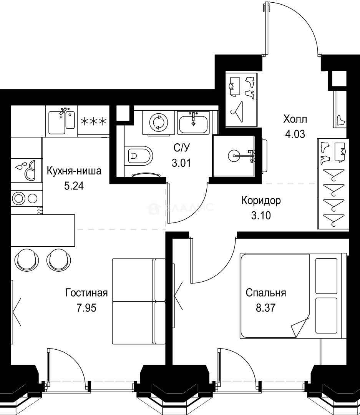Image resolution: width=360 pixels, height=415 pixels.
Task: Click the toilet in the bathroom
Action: click(139, 156)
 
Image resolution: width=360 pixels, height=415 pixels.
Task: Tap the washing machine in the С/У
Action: click(158, 122)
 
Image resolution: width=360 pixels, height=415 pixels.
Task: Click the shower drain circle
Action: click(234, 156)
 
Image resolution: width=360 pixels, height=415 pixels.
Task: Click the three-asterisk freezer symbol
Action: click(93, 121)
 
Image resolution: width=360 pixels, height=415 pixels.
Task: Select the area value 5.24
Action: click(74, 186)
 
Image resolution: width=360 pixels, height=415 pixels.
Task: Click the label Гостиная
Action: click(86, 293)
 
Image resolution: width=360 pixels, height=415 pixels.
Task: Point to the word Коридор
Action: click(261, 200)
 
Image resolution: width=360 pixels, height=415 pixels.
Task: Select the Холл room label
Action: click(295, 119)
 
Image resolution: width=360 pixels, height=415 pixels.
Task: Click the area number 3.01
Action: click(181, 163)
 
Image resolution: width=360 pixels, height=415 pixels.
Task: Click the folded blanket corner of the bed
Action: click(300, 326)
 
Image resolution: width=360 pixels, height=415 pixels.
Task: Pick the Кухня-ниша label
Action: click(74, 171)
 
